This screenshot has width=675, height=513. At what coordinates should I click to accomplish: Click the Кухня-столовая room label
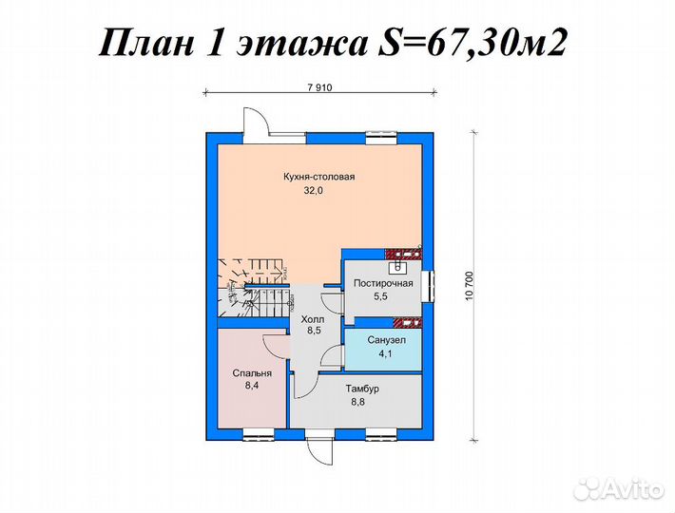tap(318, 176)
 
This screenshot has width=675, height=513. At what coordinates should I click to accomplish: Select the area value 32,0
tap(314, 190)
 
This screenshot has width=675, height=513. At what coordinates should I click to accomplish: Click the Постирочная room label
tap(382, 283)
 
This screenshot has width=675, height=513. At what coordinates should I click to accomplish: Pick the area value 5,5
tap(382, 296)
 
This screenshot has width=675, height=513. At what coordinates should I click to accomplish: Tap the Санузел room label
tap(386, 339)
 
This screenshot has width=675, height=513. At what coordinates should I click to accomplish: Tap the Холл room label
tap(312, 320)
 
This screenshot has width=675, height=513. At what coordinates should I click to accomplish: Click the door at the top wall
tap(255, 124)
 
